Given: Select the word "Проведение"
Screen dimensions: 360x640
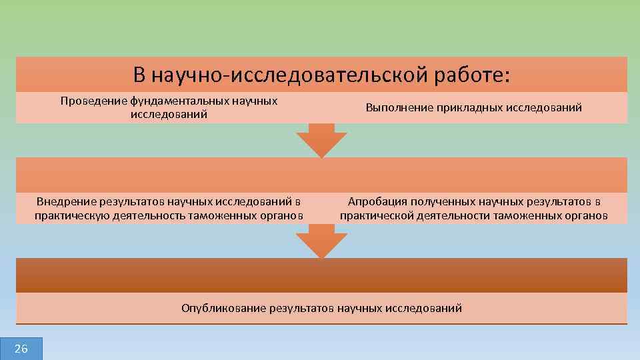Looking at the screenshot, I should pyautogui.click(x=93, y=101).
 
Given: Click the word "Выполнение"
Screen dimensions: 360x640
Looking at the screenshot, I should pyautogui.click(x=397, y=107).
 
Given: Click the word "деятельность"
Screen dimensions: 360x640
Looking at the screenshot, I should pyautogui.click(x=149, y=215).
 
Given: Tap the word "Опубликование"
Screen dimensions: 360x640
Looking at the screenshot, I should pyautogui.click(x=223, y=308).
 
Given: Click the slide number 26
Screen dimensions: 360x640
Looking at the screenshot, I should pyautogui.click(x=21, y=349).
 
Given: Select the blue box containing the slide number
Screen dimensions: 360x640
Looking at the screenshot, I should pyautogui.click(x=21, y=349).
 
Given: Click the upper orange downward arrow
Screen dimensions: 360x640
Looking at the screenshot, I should pyautogui.click(x=321, y=141).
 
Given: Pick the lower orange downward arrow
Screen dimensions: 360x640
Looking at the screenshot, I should pyautogui.click(x=321, y=241).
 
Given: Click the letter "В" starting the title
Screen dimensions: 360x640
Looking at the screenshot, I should pyautogui.click(x=139, y=75).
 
